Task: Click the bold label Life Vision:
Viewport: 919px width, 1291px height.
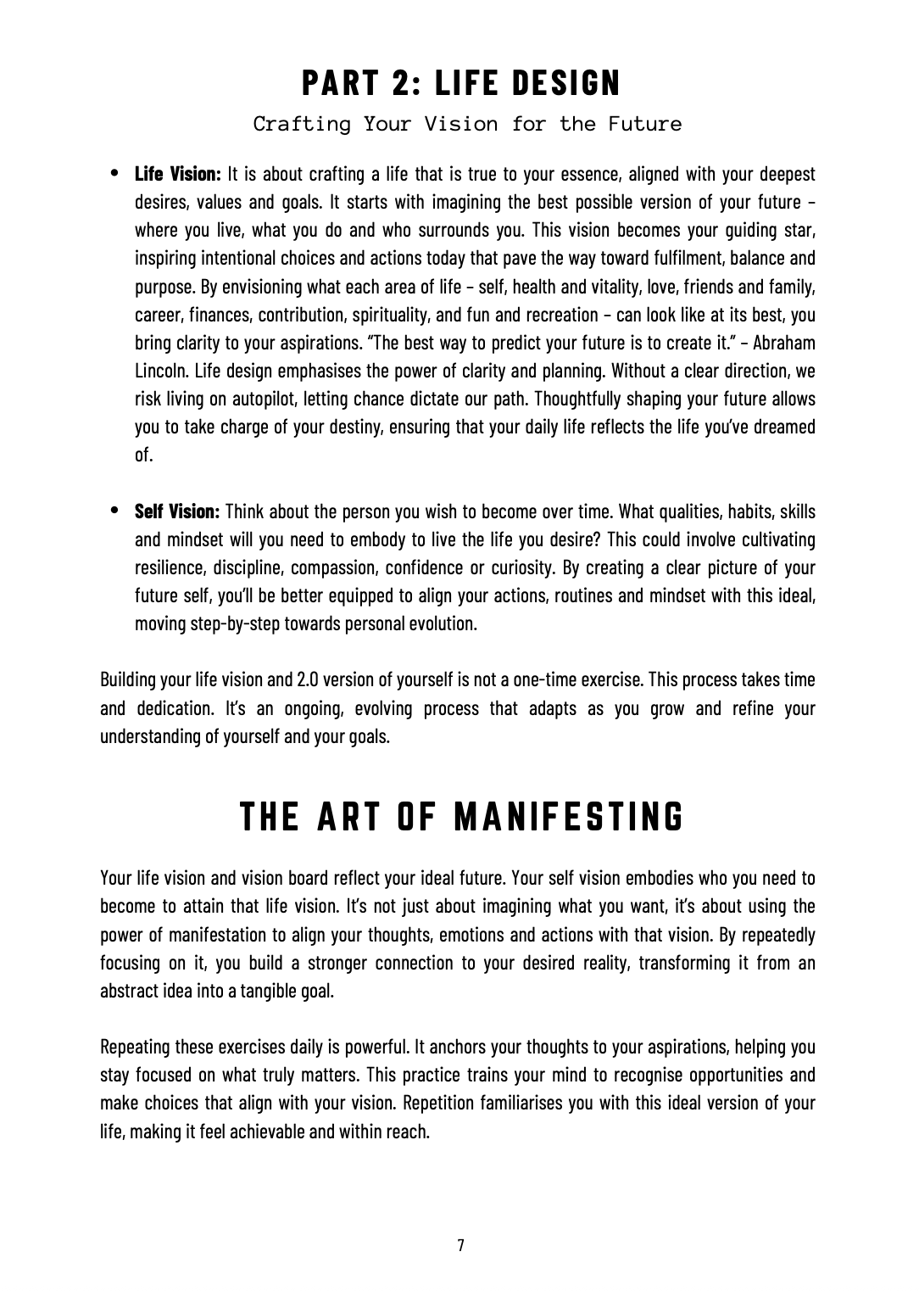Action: click(x=178, y=175)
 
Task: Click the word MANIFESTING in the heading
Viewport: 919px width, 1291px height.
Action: click(x=569, y=817)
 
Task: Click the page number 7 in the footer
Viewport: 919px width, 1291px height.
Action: click(x=460, y=1245)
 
